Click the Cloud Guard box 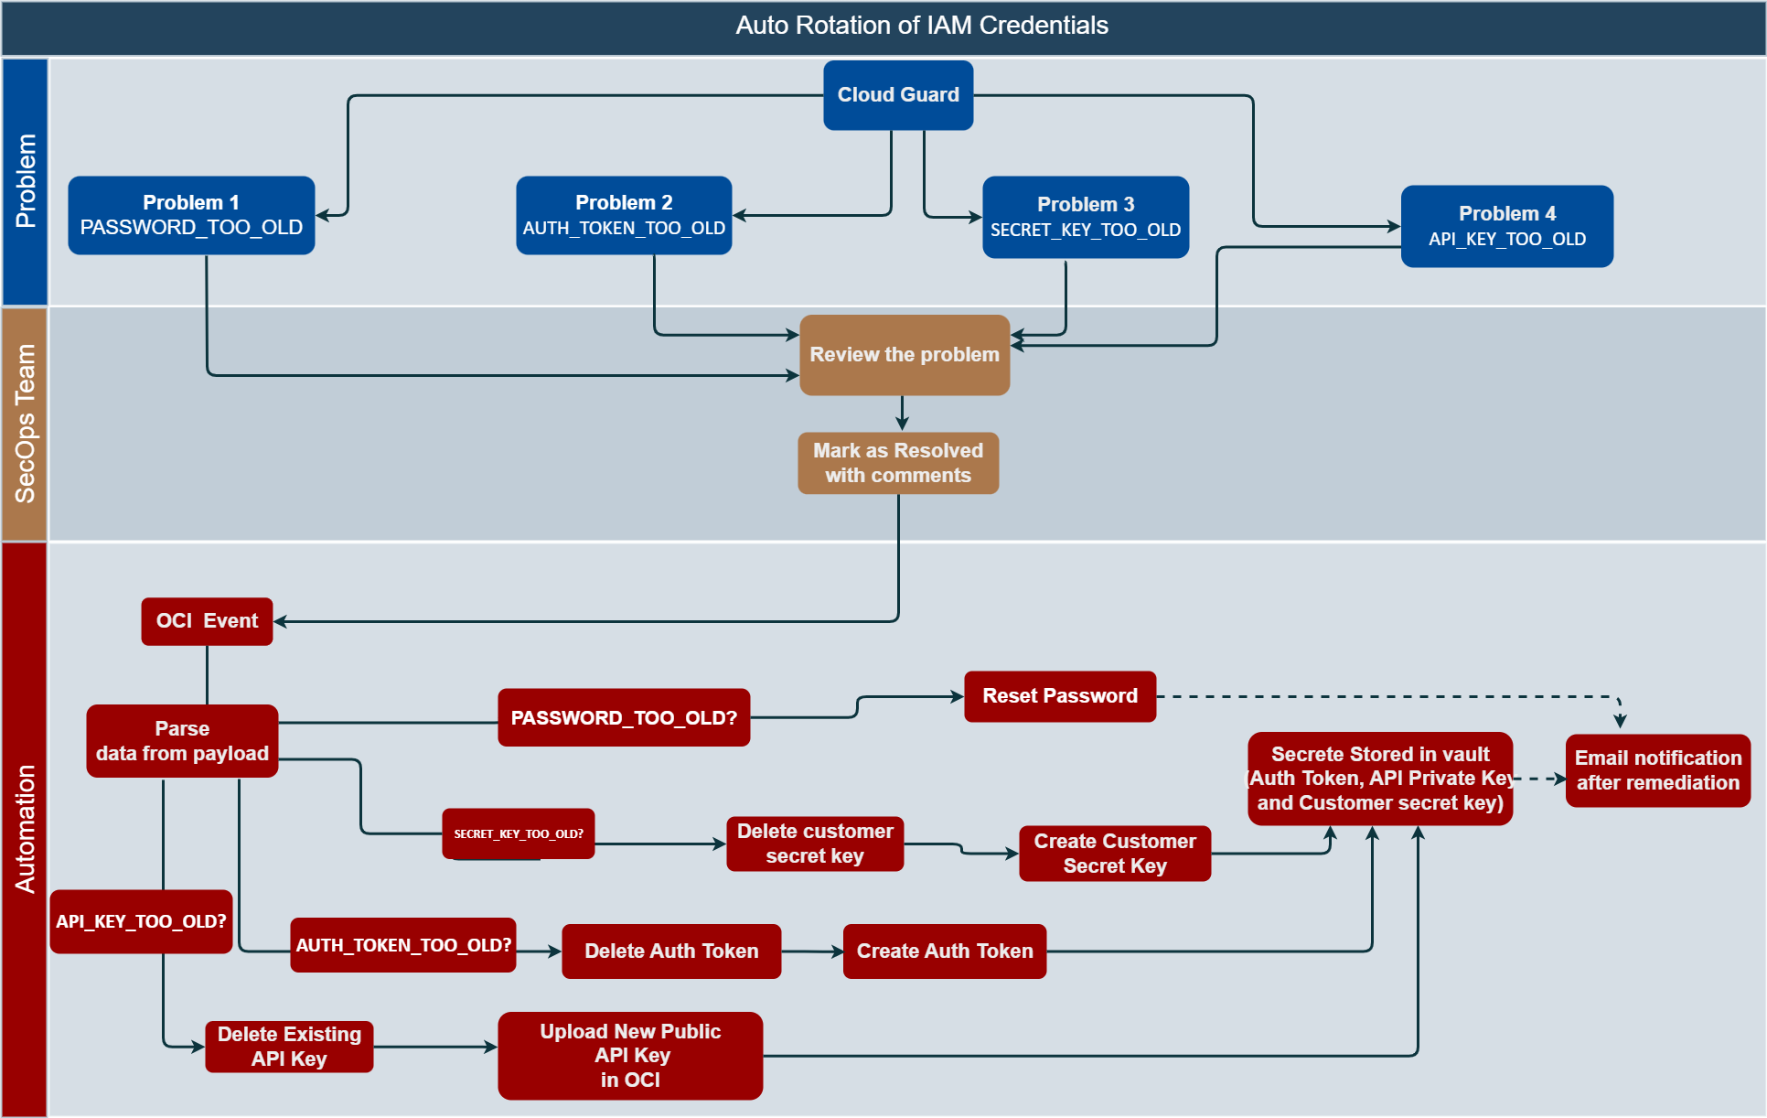897,95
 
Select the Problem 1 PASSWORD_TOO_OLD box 191,216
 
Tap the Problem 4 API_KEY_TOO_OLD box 1506,226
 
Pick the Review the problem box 904,355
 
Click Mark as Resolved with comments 897,463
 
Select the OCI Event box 207,621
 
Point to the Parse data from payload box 182,741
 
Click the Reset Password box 1059,696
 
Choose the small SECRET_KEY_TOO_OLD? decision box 518,833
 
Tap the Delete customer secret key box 814,844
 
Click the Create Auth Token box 944,951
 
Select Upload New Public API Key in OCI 629,1056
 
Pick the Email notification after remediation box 1657,770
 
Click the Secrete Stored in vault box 1379,779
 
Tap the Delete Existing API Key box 289,1047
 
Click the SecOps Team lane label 25,424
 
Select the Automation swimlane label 25,829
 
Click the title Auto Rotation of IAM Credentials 921,26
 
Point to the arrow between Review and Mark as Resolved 902,414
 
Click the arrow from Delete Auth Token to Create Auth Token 812,951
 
